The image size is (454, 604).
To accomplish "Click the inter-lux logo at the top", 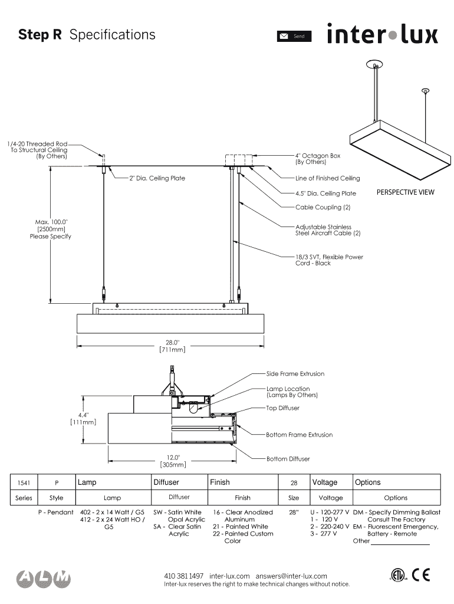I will click(382, 34).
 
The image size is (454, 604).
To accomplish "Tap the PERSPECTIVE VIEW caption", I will click(405, 192).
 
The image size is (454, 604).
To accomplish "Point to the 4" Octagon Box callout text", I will click(317, 159).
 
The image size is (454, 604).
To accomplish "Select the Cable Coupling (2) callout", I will click(323, 208).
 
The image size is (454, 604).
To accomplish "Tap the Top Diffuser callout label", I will click(282, 408).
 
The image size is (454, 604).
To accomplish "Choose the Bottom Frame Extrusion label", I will click(299, 435).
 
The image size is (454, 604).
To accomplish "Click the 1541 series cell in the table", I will click(24, 483).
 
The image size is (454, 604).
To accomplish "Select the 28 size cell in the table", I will click(294, 483).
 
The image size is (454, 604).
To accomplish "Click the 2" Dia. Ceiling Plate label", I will click(157, 178).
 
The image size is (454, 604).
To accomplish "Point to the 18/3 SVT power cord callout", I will click(329, 260).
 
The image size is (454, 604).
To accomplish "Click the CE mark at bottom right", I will click(421, 575).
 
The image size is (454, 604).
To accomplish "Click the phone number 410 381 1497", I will click(183, 576).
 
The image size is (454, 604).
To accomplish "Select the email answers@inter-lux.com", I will click(291, 576).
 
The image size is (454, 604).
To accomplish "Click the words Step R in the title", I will click(40, 35).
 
